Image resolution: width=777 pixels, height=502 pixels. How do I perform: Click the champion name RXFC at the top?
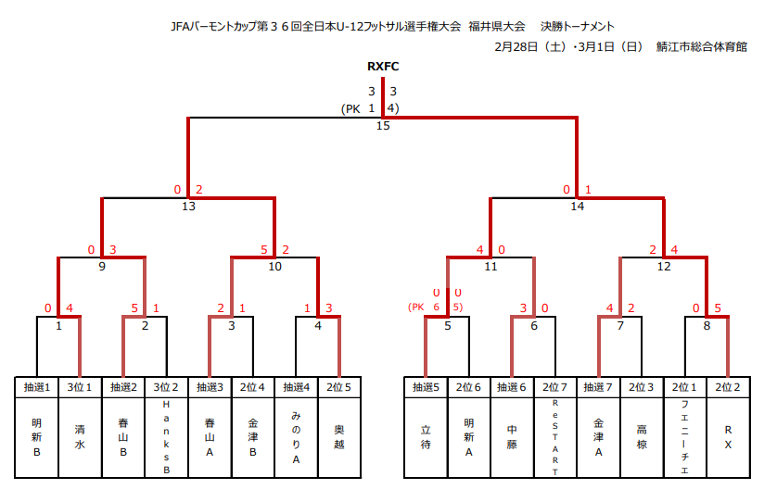point(383,67)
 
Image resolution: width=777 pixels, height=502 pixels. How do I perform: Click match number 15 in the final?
point(383,126)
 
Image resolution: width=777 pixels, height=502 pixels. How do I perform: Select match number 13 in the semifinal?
point(189,207)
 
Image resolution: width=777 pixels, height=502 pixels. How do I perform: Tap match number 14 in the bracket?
point(578,207)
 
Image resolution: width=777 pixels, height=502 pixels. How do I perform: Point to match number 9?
point(102,267)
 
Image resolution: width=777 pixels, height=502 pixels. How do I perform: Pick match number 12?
point(664,267)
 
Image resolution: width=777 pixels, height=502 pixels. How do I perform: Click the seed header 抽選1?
point(36,386)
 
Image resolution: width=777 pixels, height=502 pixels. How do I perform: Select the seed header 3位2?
point(166,386)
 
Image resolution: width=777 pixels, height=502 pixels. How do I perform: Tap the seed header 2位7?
point(555,386)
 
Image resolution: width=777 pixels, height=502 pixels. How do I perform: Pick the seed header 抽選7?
point(599,386)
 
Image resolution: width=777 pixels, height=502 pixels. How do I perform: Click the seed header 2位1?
point(685,386)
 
